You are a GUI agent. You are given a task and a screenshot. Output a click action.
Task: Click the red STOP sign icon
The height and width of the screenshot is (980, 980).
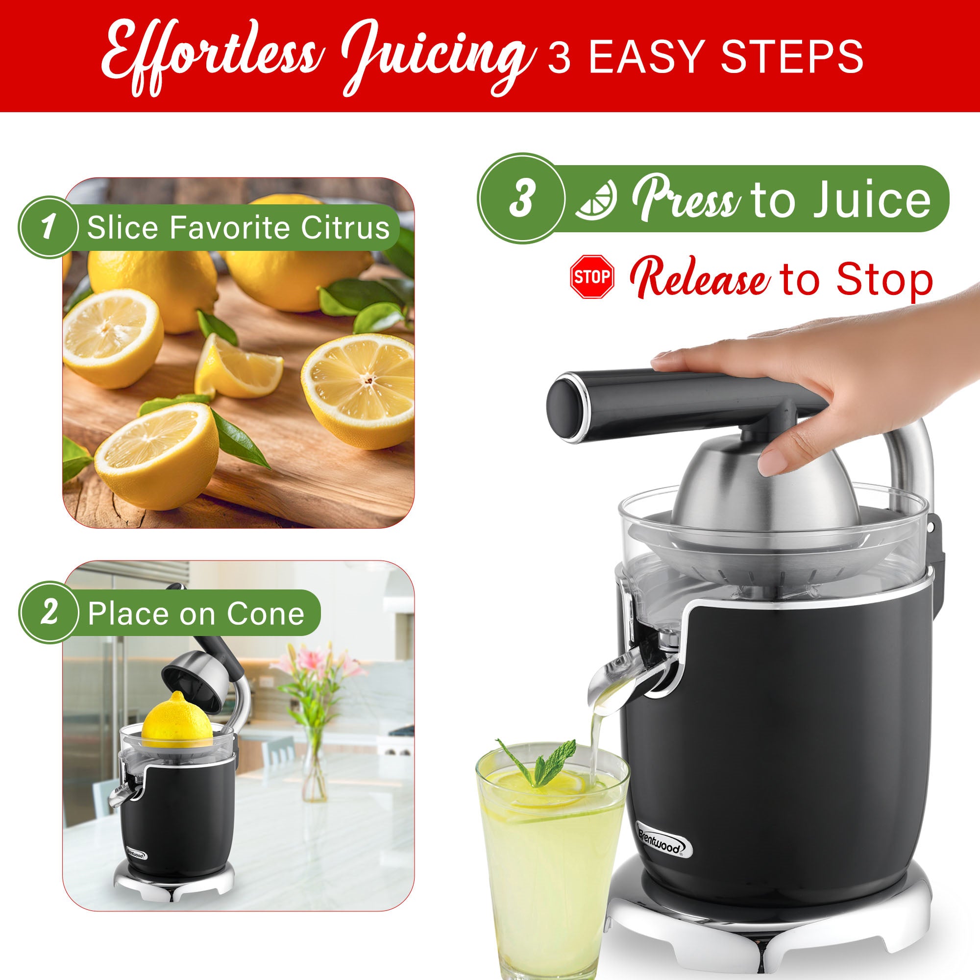tap(592, 277)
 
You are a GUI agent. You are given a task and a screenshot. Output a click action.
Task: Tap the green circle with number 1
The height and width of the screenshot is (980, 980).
tap(49, 228)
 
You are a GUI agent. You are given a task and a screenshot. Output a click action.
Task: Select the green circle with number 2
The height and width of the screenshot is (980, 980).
tap(49, 613)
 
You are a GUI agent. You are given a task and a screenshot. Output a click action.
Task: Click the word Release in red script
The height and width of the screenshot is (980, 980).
tap(701, 279)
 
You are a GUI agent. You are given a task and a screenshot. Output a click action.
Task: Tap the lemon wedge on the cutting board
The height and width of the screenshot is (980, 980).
tap(236, 366)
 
